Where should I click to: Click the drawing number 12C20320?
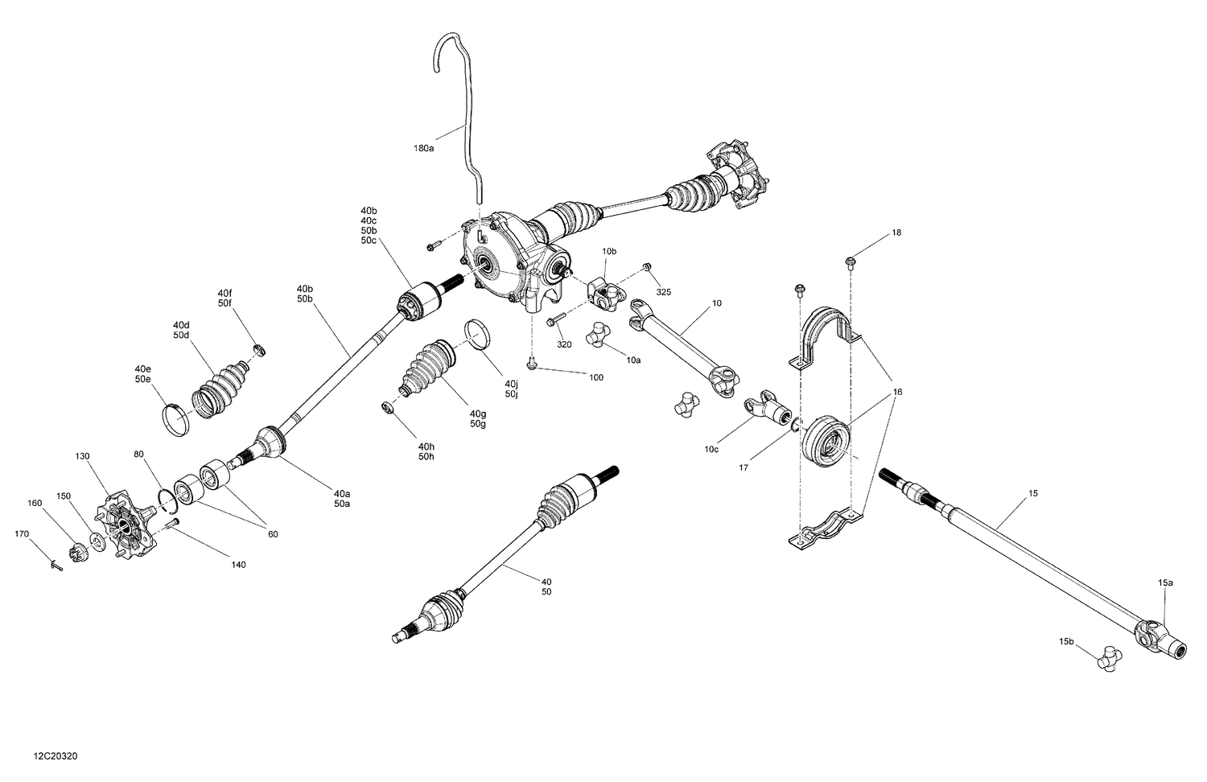(x=56, y=756)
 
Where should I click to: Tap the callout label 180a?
(x=423, y=148)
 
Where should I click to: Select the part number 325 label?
(x=663, y=290)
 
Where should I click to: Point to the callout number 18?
(x=896, y=233)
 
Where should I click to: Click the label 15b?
(x=1066, y=641)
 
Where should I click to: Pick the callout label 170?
(x=23, y=533)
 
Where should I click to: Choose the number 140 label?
(x=238, y=565)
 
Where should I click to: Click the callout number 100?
(x=596, y=377)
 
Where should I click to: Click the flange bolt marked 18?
(x=851, y=261)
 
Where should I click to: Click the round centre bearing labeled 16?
(x=830, y=441)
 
